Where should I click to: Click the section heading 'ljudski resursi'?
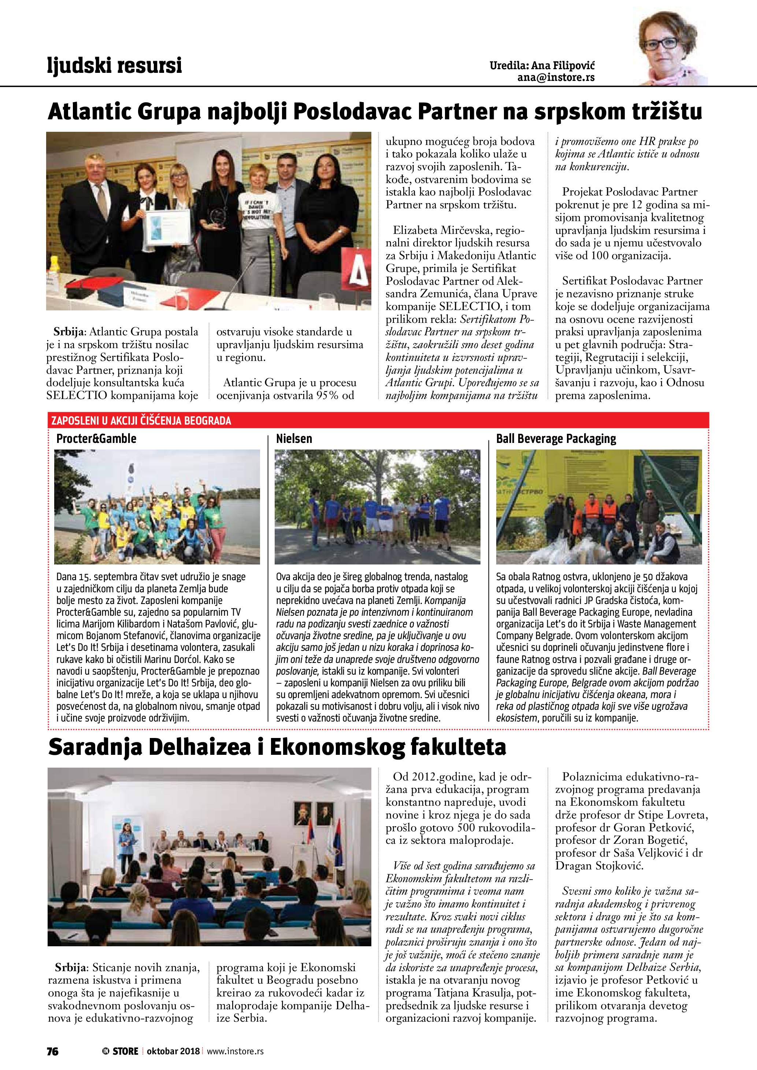(x=114, y=65)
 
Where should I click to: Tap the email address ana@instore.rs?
(x=556, y=78)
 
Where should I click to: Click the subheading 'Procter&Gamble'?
(x=96, y=439)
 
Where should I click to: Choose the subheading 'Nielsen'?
(x=294, y=439)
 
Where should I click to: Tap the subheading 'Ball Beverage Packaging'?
(x=556, y=439)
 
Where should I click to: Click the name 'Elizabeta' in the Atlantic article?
(x=414, y=230)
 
